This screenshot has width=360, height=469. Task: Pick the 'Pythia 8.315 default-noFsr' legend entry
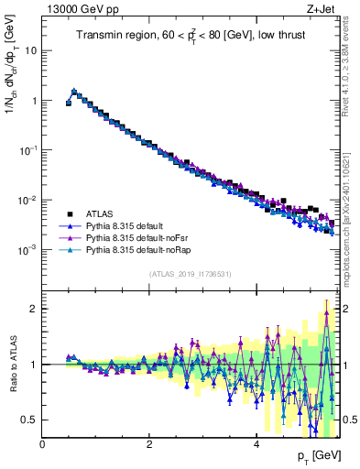[142, 236]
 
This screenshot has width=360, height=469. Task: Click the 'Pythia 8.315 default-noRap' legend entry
[144, 249]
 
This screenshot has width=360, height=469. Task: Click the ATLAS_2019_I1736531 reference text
[191, 274]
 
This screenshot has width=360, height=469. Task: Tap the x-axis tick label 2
[149, 444]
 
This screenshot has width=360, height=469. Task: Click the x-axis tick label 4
[256, 444]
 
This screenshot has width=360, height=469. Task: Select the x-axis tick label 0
[43, 444]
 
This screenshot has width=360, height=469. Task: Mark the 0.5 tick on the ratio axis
[32, 420]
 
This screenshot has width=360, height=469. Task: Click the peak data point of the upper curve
[74, 91]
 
